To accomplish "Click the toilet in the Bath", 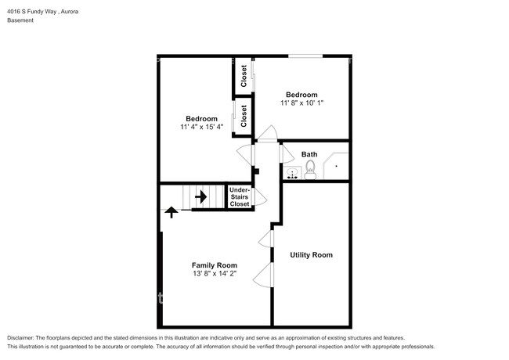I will tap(309, 173).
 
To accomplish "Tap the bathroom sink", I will tap(292, 173).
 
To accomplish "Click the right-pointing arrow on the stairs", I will tap(200, 196).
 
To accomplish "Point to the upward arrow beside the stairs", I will tap(171, 211).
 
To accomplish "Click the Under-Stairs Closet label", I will tap(239, 196).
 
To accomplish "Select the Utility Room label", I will tap(311, 254).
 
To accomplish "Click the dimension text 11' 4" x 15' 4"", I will tap(201, 127).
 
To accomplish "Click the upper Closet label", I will tap(244, 76).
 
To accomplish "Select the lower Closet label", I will tap(244, 116).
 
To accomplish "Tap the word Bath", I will tap(309, 154).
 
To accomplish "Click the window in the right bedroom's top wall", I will tap(305, 56).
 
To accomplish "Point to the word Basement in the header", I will tap(20, 21).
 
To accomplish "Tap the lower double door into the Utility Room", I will tap(267, 275).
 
